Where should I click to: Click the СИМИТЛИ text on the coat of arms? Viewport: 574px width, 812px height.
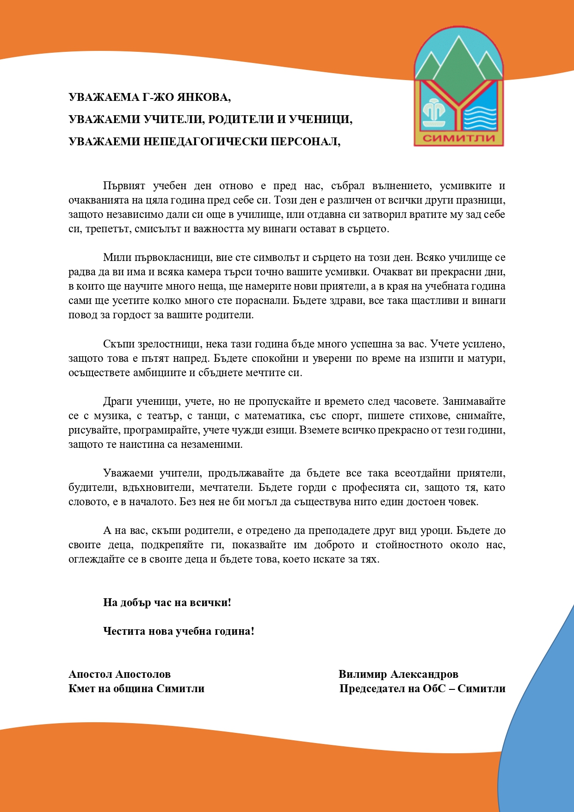coord(459,137)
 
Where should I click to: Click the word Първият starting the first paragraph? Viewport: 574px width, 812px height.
coord(124,186)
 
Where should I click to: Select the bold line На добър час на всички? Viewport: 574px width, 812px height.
coord(167,602)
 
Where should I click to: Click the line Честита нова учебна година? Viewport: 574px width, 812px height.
coord(179,631)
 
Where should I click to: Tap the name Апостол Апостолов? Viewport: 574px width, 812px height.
coord(119,674)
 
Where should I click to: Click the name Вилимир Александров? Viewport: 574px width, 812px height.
coord(398,674)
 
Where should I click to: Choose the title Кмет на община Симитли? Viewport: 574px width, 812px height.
coord(136,688)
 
